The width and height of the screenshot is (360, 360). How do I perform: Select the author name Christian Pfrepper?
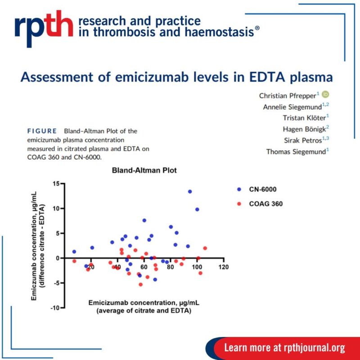click(x=287, y=95)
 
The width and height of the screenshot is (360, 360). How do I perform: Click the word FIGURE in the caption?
click(x=42, y=131)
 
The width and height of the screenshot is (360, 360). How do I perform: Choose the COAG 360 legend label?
click(x=266, y=204)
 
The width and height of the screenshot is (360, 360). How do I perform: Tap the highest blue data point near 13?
click(x=190, y=192)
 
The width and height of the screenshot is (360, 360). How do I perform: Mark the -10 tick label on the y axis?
click(x=54, y=308)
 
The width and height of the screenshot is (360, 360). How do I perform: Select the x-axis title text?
click(x=139, y=306)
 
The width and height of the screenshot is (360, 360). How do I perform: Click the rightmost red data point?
click(x=205, y=248)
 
